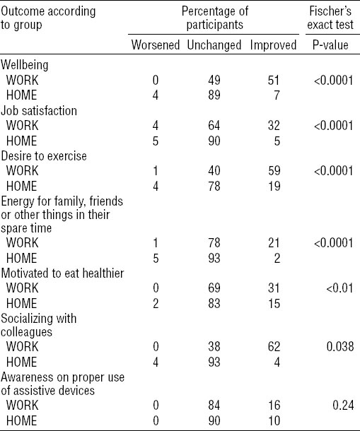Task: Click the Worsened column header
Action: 156,45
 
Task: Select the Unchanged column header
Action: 214,45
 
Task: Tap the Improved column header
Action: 273,45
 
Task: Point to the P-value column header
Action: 330,45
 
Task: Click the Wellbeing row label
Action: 25,65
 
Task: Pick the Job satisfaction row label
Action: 39,110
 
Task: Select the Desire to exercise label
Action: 44,156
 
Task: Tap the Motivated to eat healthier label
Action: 62,273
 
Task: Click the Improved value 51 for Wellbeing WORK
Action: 274,81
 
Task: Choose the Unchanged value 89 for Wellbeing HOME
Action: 214,95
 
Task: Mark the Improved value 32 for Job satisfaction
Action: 274,126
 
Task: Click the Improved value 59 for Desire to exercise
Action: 274,171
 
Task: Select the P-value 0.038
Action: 340,346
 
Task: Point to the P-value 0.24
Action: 343,405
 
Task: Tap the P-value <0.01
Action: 339,288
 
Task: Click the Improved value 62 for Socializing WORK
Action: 274,346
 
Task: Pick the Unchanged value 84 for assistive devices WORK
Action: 214,405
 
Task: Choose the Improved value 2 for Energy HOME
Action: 277,259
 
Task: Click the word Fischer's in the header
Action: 330,11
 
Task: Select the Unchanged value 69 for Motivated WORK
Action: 214,288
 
